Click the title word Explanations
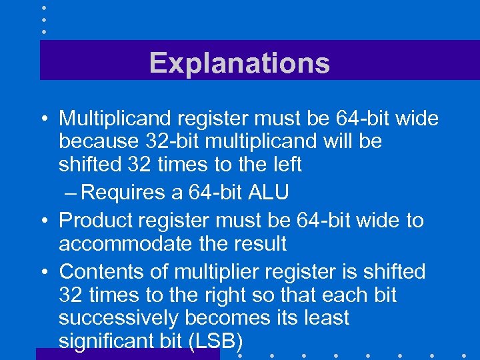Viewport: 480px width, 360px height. pos(239,63)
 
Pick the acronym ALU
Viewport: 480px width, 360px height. pos(268,193)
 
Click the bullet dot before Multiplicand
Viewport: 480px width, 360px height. pos(43,119)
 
